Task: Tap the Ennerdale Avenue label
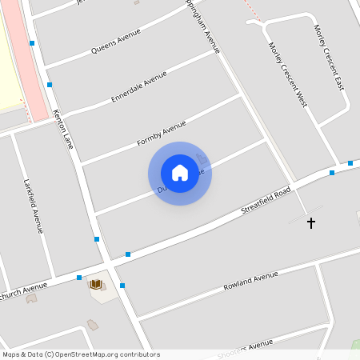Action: click(x=139, y=86)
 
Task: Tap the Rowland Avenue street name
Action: click(x=250, y=280)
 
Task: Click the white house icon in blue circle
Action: click(x=180, y=173)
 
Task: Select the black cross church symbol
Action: click(x=311, y=223)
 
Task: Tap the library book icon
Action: click(x=97, y=284)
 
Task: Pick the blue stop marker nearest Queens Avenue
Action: click(x=32, y=43)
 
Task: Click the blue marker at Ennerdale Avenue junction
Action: click(x=50, y=84)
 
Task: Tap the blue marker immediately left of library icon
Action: click(x=79, y=278)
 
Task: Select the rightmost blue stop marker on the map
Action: click(x=350, y=163)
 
